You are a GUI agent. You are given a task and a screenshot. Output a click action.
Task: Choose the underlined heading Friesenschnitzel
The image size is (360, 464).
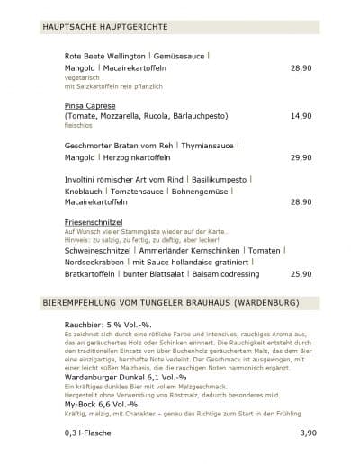[x=94, y=221]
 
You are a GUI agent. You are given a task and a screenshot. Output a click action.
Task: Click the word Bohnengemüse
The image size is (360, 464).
[x=204, y=191]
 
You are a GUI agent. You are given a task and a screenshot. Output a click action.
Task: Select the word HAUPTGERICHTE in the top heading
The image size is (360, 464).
[x=136, y=29]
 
